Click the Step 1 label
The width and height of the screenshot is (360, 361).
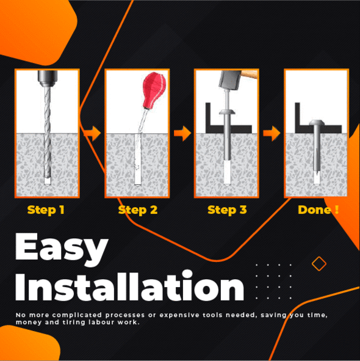46,210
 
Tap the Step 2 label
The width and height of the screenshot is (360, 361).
137,210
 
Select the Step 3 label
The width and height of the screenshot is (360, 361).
227,210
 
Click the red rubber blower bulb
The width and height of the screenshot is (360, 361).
154,90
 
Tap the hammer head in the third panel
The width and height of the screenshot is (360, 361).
229,80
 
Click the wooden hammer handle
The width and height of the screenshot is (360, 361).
250,75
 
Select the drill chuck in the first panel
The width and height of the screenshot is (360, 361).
48,78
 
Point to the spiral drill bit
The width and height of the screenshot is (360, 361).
47,132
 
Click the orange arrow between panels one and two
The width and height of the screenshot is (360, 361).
92,133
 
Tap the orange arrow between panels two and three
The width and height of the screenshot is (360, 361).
182,133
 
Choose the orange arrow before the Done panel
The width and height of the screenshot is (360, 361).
272,133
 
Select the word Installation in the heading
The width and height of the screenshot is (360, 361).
129,286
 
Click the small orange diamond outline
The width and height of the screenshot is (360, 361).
319,264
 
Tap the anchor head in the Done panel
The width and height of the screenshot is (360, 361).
317,123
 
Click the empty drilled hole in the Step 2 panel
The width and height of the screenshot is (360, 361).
137,159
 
